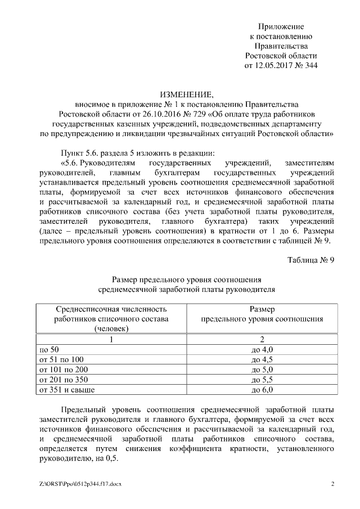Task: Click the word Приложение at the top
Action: point(281,26)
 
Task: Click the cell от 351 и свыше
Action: point(66,389)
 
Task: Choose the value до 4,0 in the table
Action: point(262,349)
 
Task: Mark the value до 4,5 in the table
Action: point(262,359)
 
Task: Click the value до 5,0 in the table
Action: point(262,370)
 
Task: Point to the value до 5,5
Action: point(262,380)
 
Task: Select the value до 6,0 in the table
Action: point(262,389)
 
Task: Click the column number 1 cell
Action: point(112,339)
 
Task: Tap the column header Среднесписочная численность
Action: point(112,309)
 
